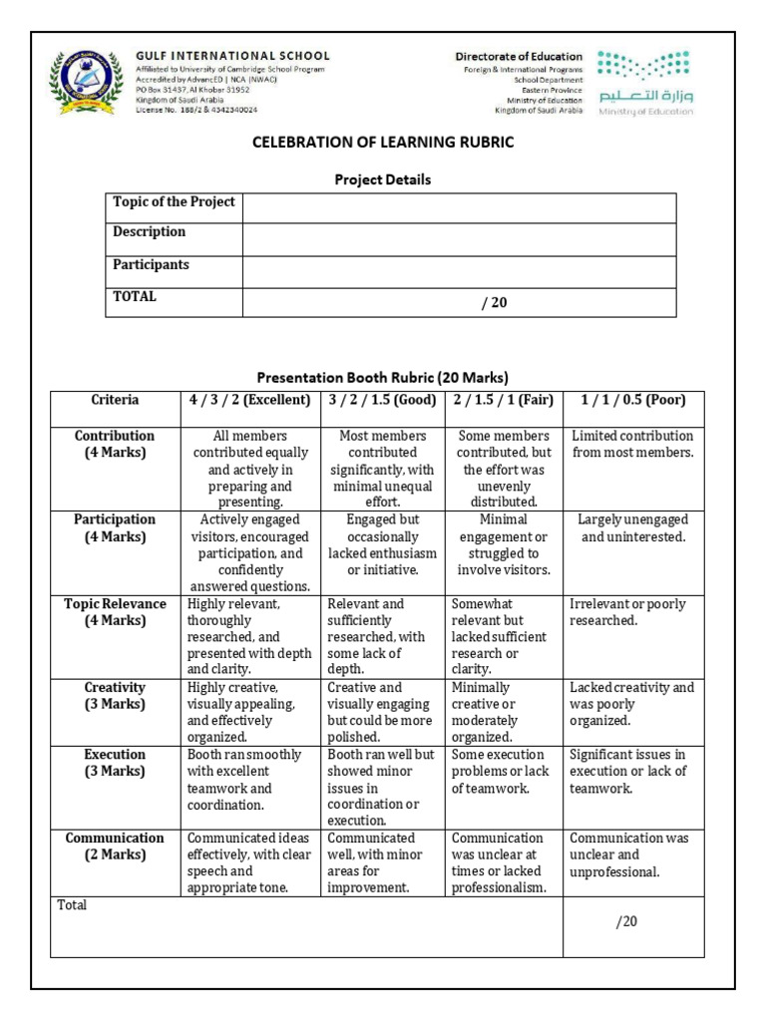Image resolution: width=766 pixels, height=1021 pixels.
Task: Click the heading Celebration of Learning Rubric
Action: coord(383,143)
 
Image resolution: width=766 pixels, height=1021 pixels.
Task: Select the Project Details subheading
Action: coord(383,179)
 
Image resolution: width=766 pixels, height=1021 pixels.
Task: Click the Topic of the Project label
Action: coord(174,202)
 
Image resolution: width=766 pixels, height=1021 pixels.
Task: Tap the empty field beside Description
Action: coord(459,239)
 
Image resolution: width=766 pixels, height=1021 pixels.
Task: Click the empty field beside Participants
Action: coord(459,271)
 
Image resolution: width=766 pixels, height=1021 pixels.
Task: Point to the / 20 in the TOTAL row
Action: coord(494,303)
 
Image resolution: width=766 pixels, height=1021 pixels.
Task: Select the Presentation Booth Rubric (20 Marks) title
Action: coord(383,378)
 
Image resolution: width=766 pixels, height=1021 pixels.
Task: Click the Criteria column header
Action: coord(116,401)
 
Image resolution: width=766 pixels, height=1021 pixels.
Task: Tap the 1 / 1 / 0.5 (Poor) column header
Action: coord(633,401)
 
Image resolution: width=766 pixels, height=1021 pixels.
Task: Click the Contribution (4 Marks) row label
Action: coord(116,444)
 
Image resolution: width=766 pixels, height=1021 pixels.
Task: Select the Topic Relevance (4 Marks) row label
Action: coord(116,612)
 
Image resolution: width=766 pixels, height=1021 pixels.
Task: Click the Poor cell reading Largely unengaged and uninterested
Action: coord(633,528)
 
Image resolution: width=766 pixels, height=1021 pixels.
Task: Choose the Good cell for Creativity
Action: coord(383,712)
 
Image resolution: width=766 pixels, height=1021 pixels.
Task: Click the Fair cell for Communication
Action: coord(505,862)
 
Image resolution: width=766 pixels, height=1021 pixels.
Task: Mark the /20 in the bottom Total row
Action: coord(626,921)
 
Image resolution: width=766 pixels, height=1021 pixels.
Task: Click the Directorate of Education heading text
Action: coord(519,57)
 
